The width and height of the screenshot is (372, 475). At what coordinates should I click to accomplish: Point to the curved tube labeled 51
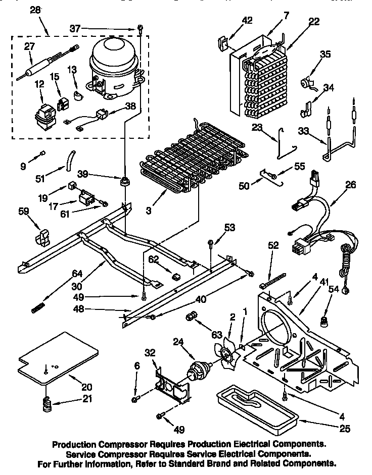68,164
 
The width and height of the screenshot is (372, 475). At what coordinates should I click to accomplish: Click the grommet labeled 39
123,181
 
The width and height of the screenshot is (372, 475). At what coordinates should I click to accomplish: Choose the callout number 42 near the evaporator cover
247,20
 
